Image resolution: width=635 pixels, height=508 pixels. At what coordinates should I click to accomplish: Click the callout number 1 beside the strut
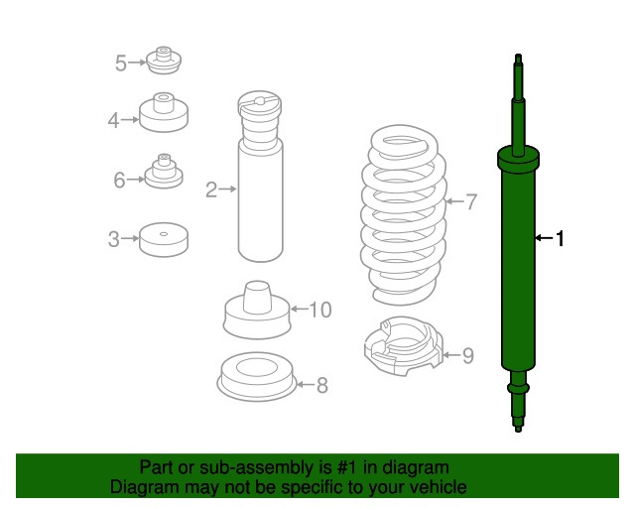(560, 238)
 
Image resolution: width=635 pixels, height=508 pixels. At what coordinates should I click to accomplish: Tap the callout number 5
(121, 63)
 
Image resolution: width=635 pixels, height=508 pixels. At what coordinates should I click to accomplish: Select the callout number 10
(320, 310)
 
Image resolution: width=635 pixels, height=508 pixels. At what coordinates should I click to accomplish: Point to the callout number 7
(471, 201)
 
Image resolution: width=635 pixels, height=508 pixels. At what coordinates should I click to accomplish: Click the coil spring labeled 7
(403, 214)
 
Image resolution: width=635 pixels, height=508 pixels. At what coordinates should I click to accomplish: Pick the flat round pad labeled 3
(164, 239)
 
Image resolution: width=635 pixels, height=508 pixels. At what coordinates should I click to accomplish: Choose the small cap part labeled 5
(164, 60)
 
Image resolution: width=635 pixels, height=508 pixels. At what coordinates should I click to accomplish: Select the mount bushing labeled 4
(164, 112)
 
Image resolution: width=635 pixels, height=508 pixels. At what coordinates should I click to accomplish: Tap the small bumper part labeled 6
(164, 171)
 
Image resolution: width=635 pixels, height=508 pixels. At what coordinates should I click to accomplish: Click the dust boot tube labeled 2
(260, 177)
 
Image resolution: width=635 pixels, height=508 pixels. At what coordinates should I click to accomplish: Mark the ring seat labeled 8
(256, 376)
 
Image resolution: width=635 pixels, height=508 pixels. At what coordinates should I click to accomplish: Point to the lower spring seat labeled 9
(404, 346)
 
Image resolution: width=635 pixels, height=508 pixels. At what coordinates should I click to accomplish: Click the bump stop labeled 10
(257, 310)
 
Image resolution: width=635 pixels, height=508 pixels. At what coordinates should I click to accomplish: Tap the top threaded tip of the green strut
(518, 60)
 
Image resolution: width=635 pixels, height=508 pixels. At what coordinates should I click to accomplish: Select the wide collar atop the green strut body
(518, 159)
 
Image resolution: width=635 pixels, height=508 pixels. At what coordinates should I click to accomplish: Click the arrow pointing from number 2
(228, 189)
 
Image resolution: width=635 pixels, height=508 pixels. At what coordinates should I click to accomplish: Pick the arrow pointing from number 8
(306, 384)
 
